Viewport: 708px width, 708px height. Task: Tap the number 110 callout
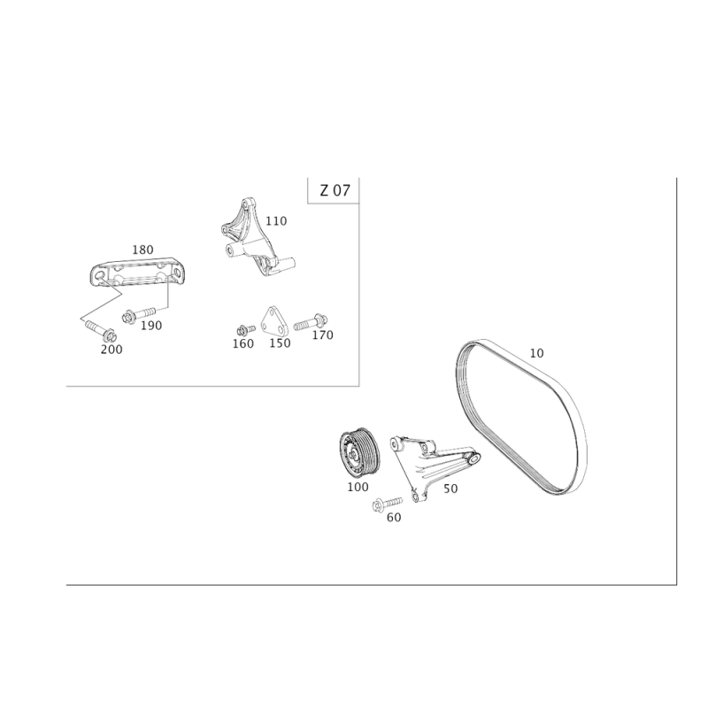(275, 221)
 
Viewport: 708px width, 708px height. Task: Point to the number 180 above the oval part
(142, 250)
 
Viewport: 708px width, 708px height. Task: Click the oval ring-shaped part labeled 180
(140, 273)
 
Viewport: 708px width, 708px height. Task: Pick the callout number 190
(152, 325)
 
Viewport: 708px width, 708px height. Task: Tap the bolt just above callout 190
(142, 312)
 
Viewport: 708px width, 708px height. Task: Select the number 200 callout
(112, 349)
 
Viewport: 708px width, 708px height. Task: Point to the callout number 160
(242, 342)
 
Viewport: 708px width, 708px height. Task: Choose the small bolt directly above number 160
(242, 329)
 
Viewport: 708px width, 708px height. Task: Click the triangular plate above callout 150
(273, 323)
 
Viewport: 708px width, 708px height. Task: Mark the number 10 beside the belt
(535, 353)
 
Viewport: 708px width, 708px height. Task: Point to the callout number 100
(358, 486)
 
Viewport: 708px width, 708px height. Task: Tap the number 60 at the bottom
(395, 518)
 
